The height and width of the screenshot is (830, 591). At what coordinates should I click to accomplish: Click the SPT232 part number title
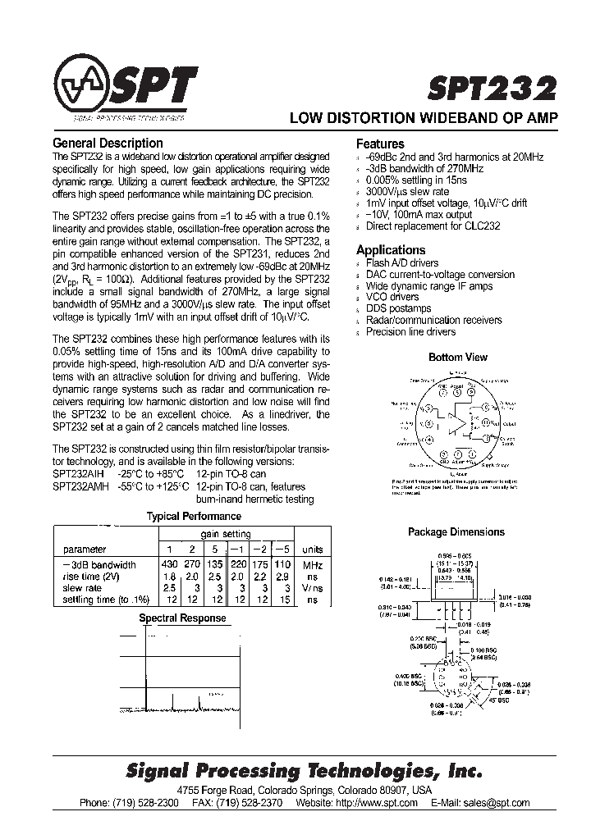[x=492, y=89]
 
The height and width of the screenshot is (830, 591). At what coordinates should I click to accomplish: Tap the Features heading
[x=380, y=144]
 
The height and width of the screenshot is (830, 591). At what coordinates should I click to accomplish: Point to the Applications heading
[x=391, y=250]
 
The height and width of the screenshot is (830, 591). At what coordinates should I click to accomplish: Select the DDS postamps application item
[x=398, y=308]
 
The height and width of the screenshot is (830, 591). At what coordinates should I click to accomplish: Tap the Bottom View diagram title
[x=457, y=357]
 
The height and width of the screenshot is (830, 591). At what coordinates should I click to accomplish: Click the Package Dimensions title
[x=456, y=532]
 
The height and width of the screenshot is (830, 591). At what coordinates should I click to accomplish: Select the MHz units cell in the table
[x=312, y=565]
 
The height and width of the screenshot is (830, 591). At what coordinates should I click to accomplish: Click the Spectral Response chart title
[x=182, y=618]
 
